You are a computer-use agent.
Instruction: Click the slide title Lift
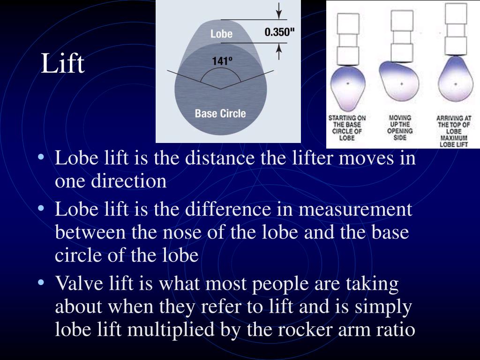[x=62, y=64]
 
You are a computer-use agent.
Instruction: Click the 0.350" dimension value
[x=280, y=32]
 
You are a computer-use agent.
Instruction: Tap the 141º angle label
[x=222, y=61]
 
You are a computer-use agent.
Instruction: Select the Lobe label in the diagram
[x=221, y=34]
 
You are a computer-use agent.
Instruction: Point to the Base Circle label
[x=220, y=113]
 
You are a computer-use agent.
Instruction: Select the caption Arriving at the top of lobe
[x=453, y=131]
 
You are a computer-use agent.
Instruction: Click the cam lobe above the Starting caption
[x=347, y=86]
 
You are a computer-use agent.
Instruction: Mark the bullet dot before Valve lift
[x=43, y=283]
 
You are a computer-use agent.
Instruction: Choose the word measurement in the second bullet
[x=355, y=209]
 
